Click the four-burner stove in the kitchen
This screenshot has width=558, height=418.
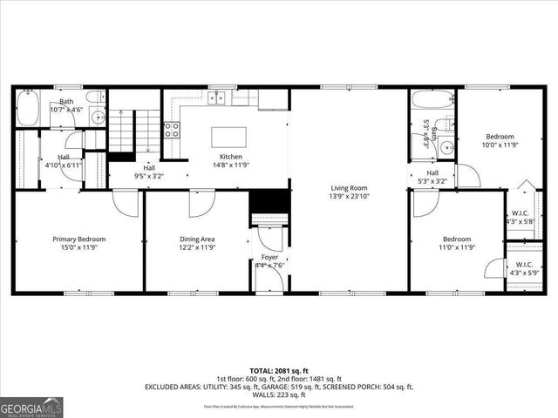(173, 131)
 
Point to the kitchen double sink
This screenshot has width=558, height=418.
(215, 97)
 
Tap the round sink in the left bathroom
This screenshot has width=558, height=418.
(95, 114)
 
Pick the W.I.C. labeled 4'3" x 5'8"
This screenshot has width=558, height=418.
(521, 217)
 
